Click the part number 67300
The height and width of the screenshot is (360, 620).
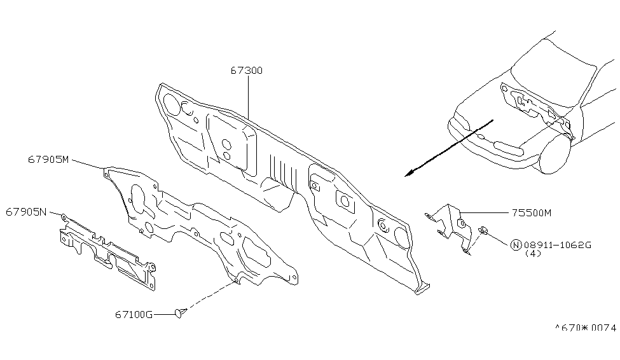coord(247,71)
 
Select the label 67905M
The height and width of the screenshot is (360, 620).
coord(48,159)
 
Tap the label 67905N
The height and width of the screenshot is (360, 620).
coord(27,211)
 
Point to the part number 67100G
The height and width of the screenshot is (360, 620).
coord(134,314)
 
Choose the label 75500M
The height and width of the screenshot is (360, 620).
coord(530,213)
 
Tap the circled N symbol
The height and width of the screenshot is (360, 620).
coord(516,244)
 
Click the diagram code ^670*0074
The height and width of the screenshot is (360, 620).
coord(585,328)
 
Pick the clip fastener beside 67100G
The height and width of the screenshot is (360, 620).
coord(180,312)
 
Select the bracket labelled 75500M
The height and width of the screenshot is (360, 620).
coord(452,223)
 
